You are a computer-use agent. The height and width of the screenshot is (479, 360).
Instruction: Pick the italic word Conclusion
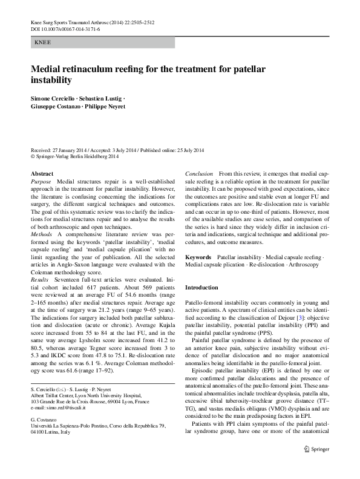[x=199, y=174]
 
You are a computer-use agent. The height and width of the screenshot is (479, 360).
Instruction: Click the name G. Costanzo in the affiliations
[x=45, y=423]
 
